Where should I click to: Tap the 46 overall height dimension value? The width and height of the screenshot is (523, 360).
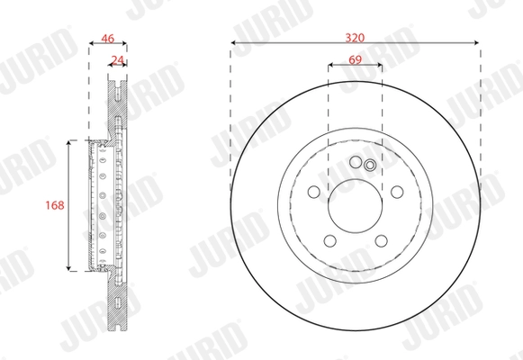[x=108, y=38]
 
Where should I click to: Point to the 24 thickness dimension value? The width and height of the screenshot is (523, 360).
[x=116, y=60]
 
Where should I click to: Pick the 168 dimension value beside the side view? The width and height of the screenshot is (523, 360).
[x=54, y=205]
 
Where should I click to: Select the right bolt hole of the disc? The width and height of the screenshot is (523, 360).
[x=397, y=192]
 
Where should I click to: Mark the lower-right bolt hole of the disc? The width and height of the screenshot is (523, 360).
[x=381, y=241]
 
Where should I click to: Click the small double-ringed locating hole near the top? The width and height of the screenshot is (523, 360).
[x=370, y=166]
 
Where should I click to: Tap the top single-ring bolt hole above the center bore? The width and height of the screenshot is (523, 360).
[x=355, y=162]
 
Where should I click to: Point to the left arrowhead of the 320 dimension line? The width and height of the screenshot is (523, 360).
[x=235, y=42]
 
